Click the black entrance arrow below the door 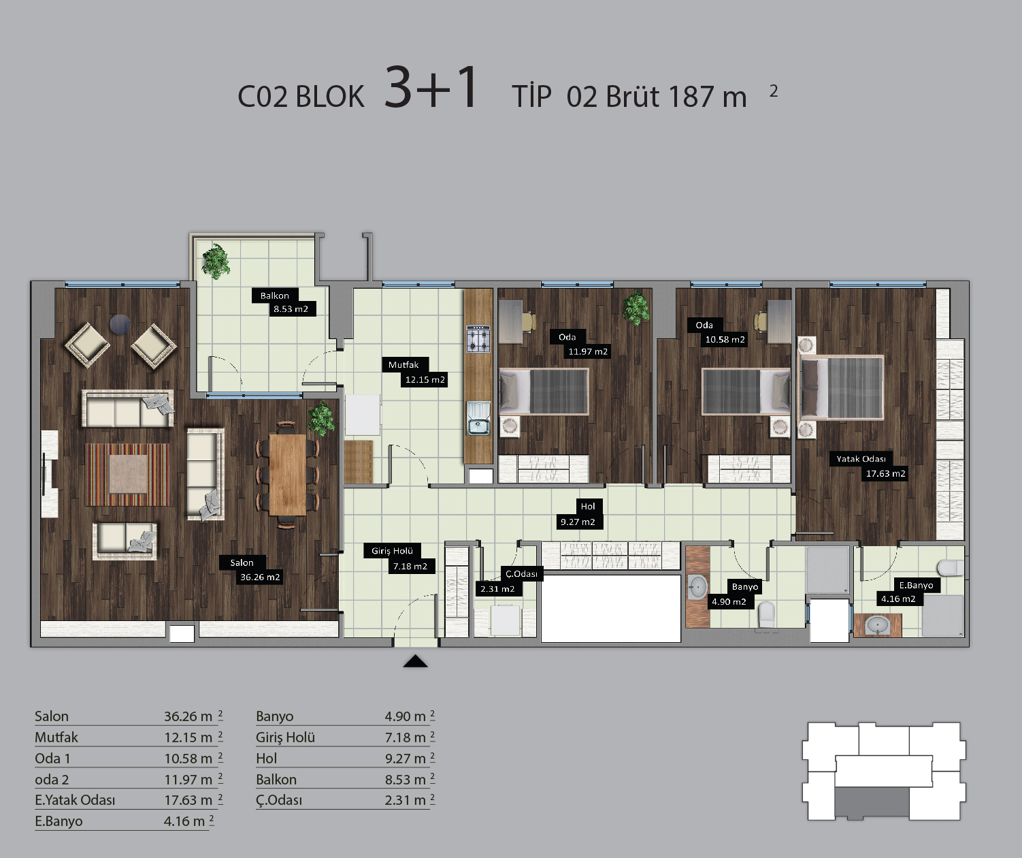[415, 661]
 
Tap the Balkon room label [275, 296]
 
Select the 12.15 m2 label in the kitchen [425, 380]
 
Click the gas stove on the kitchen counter [478, 339]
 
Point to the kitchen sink [478, 418]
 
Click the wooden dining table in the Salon [288, 475]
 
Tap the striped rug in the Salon [128, 475]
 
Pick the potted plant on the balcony [216, 261]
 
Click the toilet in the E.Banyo [950, 568]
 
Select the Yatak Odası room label [861, 459]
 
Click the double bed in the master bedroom [841, 387]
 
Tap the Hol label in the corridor [588, 507]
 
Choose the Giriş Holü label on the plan [392, 551]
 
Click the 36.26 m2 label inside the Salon [260, 577]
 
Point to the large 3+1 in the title [430, 87]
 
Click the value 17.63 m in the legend [188, 799]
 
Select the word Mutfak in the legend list [56, 737]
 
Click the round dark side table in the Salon [120, 324]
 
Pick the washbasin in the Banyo [697, 587]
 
